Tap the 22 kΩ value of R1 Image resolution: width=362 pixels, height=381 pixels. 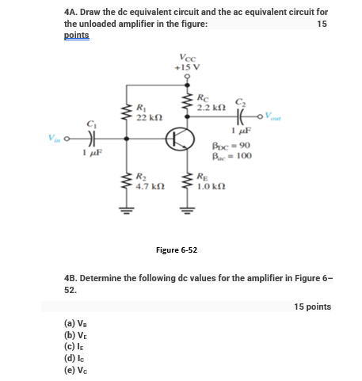(x=147, y=117)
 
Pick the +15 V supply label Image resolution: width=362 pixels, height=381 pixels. (x=188, y=68)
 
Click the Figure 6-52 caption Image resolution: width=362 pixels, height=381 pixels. (x=177, y=250)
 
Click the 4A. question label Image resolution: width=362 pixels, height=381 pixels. (x=74, y=13)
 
